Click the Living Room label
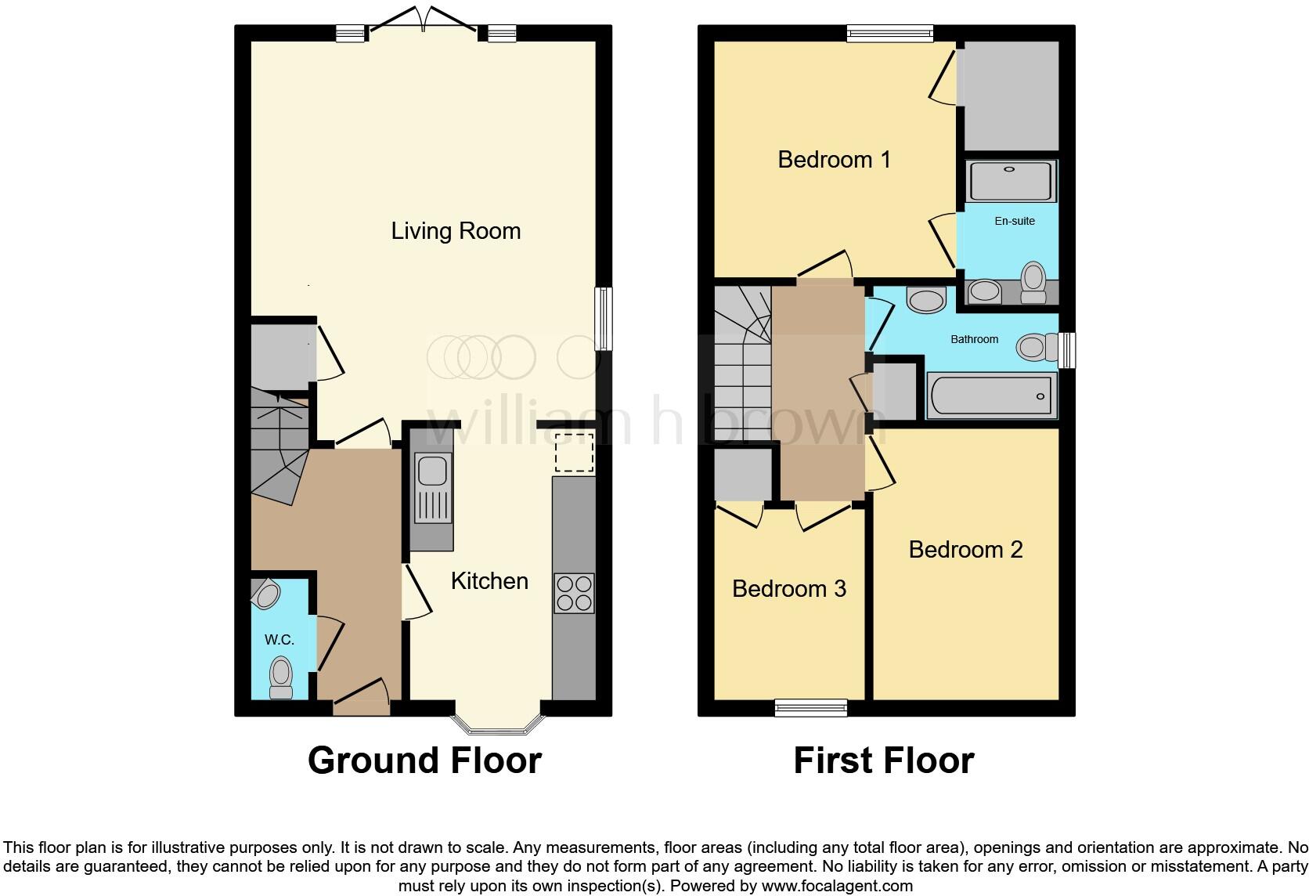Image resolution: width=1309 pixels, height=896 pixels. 456,231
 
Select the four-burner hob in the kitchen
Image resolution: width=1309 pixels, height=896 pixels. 574,593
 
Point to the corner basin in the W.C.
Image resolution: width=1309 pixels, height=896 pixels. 266,594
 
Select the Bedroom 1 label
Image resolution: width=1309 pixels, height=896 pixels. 834,160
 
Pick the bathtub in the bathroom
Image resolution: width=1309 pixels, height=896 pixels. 991,396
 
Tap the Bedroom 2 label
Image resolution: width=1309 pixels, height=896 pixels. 965,550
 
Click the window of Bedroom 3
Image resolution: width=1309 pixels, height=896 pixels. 810,708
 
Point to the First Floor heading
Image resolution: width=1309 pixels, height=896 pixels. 883,761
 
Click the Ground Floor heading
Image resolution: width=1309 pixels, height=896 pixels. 424,761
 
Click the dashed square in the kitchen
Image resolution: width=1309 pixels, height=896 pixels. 574,453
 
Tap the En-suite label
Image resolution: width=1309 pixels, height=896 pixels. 1015,221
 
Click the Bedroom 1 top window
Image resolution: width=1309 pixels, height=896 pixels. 890,33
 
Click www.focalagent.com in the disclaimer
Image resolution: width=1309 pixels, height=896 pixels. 837,886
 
